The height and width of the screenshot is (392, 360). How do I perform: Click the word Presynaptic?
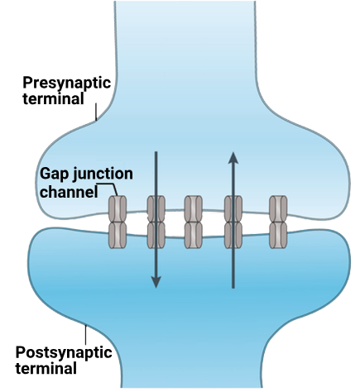click(x=67, y=83)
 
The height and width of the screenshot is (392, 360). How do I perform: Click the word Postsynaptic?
click(x=64, y=352)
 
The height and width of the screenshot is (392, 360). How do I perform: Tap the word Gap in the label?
click(x=54, y=174)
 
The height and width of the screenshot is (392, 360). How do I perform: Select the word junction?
click(x=103, y=174)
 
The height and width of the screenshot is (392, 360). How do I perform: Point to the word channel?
click(x=69, y=191)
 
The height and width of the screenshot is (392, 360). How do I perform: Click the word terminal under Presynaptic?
click(x=53, y=98)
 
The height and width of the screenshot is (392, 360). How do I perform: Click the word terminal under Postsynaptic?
click(x=46, y=368)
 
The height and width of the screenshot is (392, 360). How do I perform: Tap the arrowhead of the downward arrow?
click(x=156, y=283)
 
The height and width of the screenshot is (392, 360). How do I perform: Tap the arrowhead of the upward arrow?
click(x=233, y=157)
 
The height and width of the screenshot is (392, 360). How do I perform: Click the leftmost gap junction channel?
click(x=118, y=222)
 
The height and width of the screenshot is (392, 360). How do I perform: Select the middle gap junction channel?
click(x=194, y=222)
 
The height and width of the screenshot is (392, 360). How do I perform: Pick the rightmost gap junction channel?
click(x=278, y=222)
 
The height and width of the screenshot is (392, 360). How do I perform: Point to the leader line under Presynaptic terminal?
click(x=96, y=112)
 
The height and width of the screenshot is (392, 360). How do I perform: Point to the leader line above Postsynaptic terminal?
click(x=85, y=335)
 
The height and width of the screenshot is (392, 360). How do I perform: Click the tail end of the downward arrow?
click(x=156, y=152)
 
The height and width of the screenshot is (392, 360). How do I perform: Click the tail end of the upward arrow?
click(x=233, y=288)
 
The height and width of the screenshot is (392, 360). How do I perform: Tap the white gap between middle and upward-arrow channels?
click(x=214, y=224)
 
